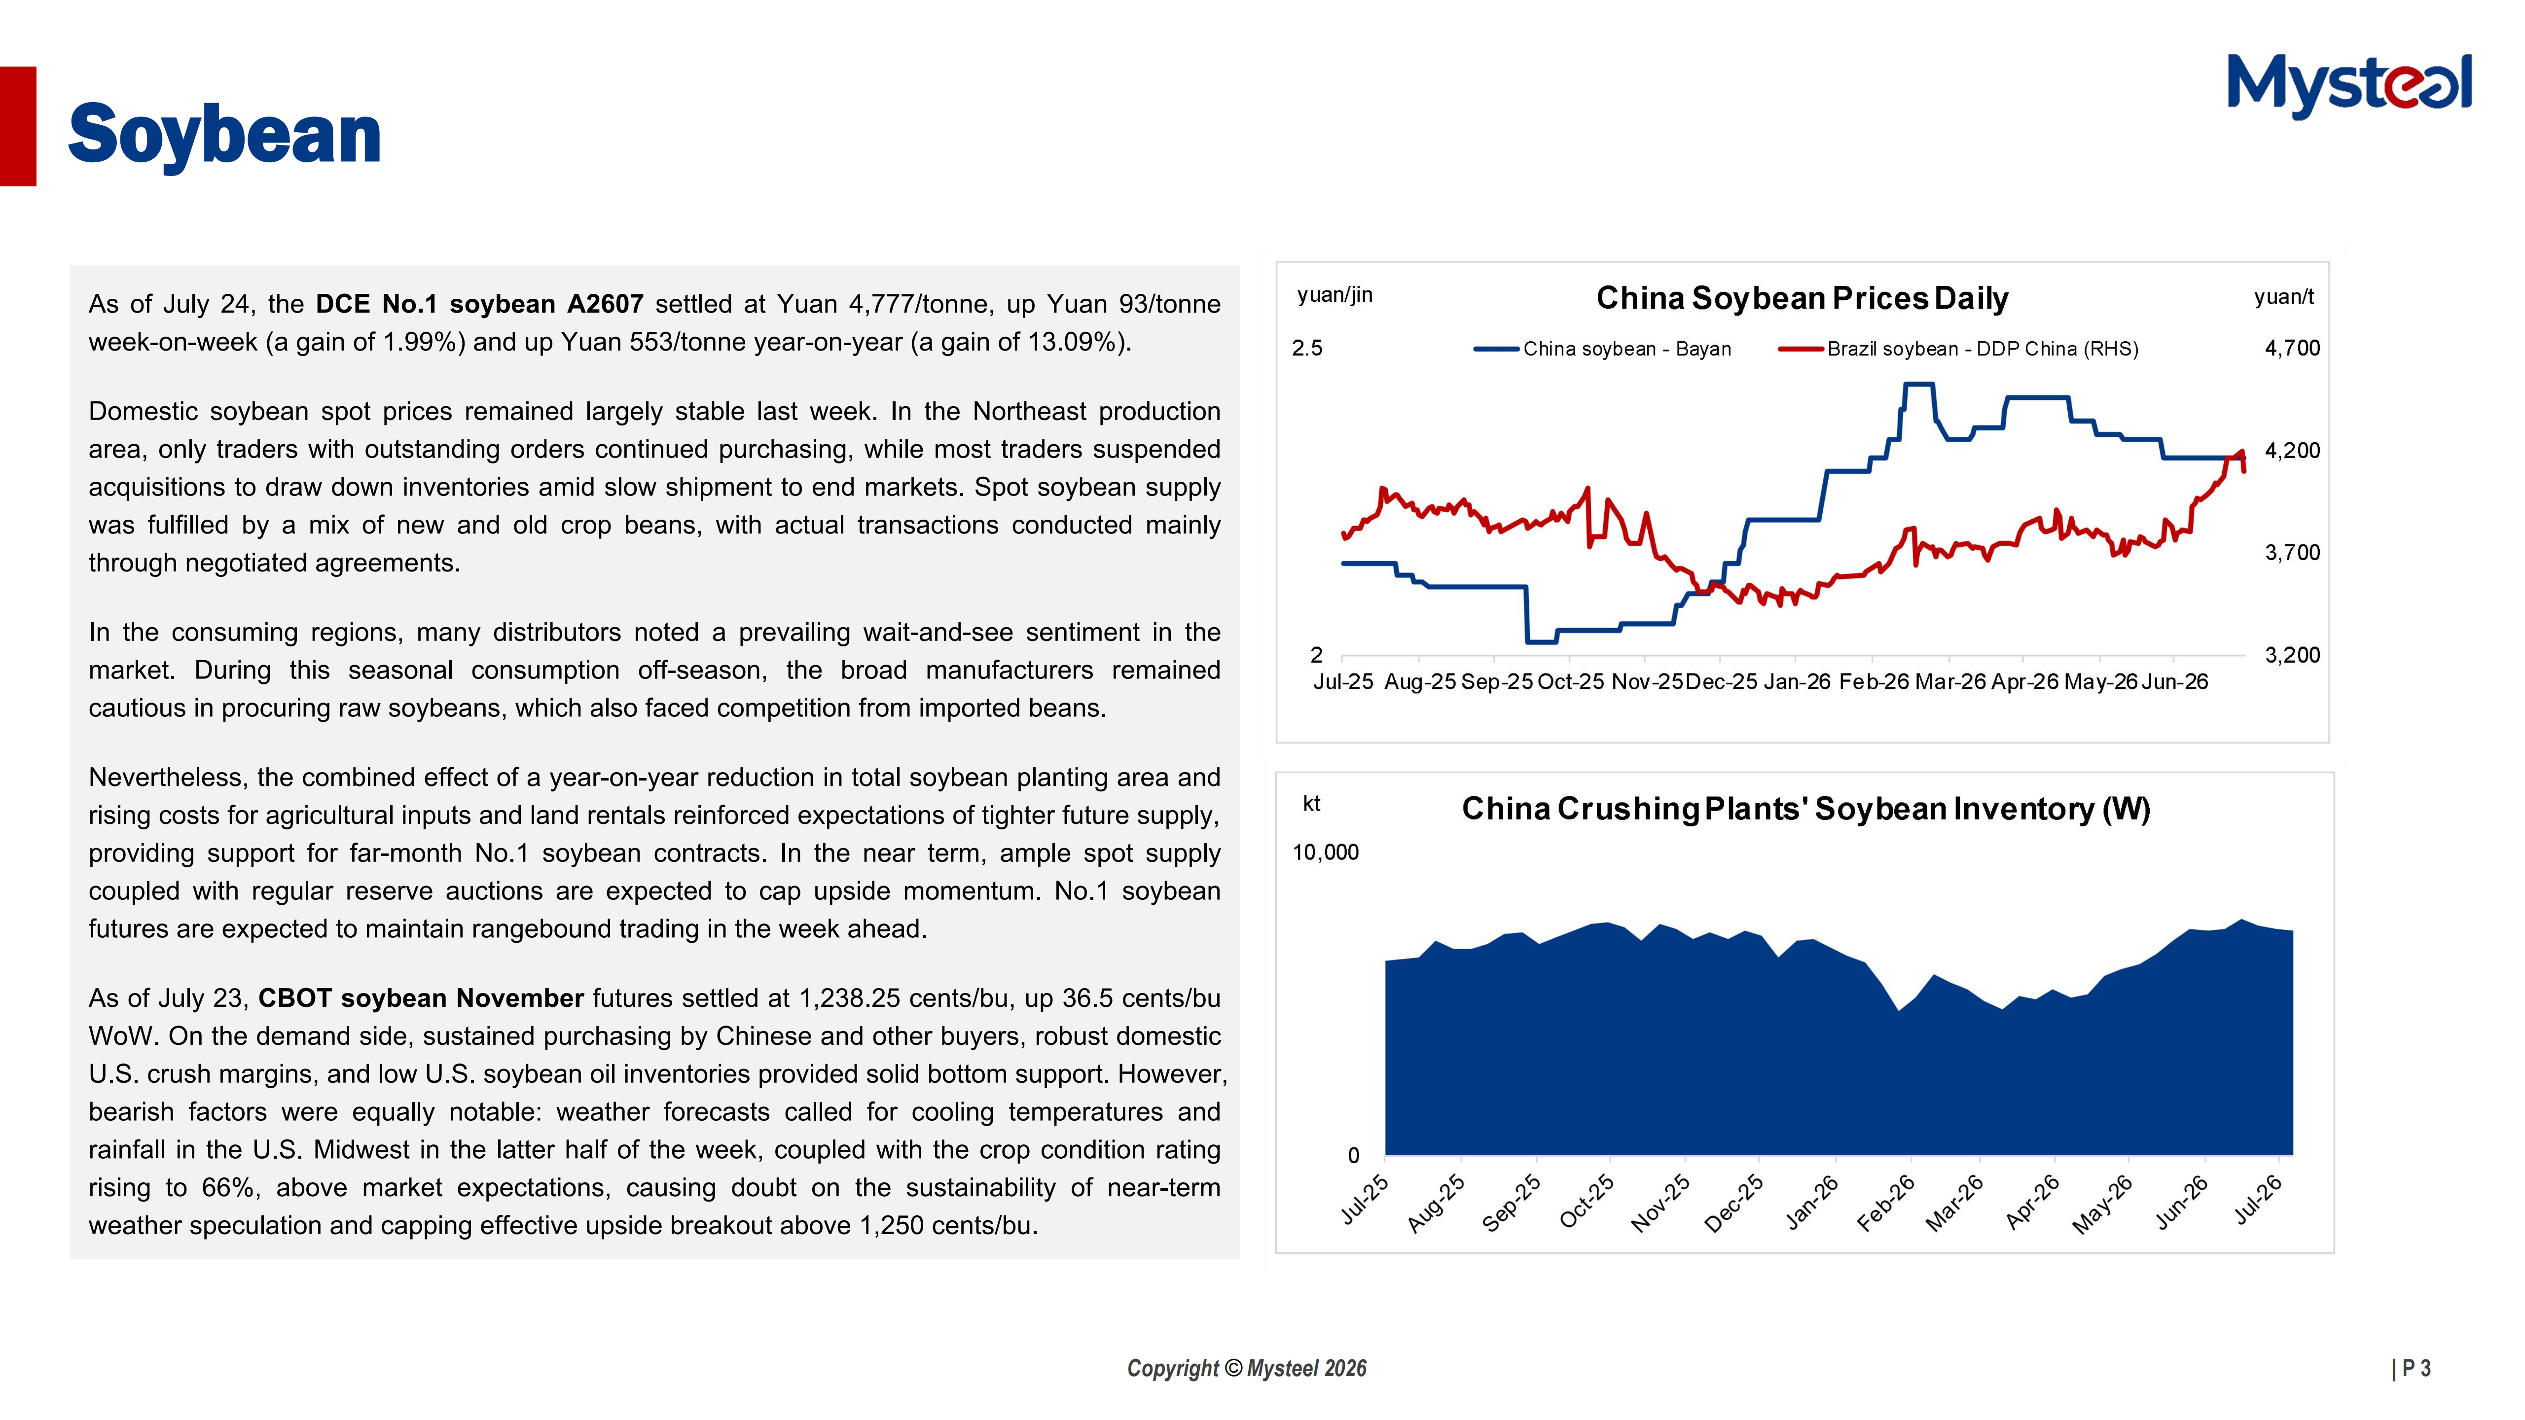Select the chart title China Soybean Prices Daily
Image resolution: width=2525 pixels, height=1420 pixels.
[x=1802, y=298]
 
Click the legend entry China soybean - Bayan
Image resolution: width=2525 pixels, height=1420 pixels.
[x=1603, y=349]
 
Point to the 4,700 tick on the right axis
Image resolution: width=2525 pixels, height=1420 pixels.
[x=2292, y=348]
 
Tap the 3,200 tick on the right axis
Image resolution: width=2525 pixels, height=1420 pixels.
[x=2292, y=655]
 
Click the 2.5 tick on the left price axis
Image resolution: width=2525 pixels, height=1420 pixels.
[x=1307, y=348]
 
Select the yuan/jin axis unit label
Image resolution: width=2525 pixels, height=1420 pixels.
[x=1335, y=295]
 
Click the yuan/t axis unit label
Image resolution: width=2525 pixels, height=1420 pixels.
[x=2284, y=297]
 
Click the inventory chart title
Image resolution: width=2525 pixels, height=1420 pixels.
[x=1805, y=809]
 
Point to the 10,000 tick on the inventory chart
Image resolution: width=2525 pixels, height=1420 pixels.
[x=1325, y=852]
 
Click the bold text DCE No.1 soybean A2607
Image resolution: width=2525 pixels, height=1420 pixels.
[x=479, y=304]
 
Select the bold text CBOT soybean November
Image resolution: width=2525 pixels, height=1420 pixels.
[x=422, y=997]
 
